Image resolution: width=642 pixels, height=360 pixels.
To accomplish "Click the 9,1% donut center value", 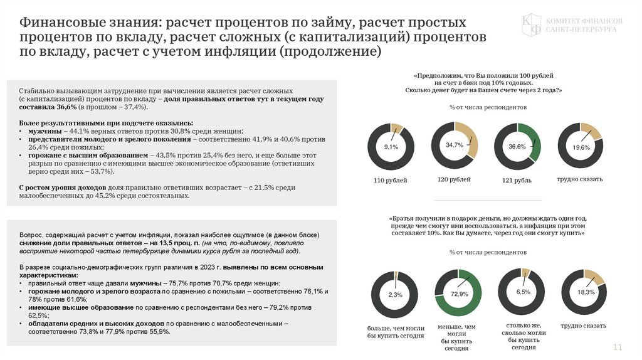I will (x=391, y=147).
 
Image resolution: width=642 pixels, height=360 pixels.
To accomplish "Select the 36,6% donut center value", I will (x=517, y=147).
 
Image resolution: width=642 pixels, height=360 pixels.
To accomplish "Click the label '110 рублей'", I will (x=391, y=181).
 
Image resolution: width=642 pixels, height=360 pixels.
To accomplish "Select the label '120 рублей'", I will (x=454, y=180).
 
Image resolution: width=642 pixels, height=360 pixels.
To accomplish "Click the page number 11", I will (x=617, y=347).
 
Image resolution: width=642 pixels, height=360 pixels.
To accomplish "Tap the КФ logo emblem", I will (x=532, y=24).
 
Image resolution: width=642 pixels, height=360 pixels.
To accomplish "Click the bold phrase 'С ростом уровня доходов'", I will (x=62, y=188).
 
